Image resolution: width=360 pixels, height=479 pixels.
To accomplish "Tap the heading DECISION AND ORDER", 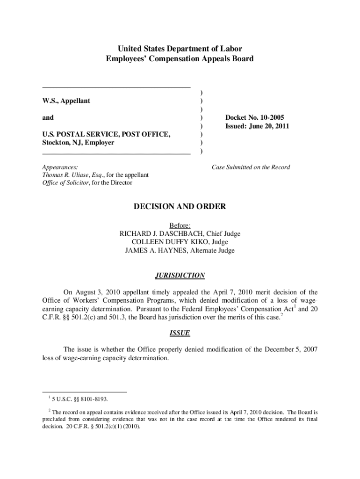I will coord(180,206).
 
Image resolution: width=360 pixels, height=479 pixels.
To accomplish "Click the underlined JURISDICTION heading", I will coord(180,276).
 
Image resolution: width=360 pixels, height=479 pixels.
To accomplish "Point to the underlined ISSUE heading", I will coord(180,334).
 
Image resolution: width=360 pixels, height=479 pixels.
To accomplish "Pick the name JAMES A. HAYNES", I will coord(153,251).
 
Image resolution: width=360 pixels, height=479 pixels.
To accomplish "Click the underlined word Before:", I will coord(180,225).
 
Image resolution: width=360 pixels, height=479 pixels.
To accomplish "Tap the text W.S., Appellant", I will coord(66,101).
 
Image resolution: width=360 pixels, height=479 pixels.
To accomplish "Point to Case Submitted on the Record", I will coord(251,167).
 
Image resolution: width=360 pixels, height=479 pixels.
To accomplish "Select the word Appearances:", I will coord(60,167).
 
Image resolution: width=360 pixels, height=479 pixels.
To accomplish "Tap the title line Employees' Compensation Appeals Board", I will coord(180,59).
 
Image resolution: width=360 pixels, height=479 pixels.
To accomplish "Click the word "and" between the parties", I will coord(48,117).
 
